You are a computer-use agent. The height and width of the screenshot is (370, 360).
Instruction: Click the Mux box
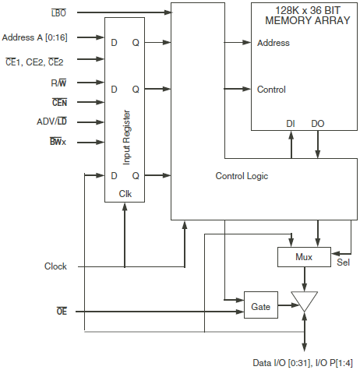click(x=303, y=255)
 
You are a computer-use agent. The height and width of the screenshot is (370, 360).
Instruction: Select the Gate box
click(x=260, y=307)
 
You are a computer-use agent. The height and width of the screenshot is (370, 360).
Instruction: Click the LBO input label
click(x=58, y=13)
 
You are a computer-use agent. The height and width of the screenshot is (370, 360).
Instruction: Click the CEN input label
click(x=58, y=102)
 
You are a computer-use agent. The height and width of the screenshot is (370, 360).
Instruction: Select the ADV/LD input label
click(x=51, y=122)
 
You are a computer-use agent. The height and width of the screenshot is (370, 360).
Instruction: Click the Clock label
click(x=55, y=266)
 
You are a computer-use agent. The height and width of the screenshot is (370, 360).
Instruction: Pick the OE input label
click(x=61, y=312)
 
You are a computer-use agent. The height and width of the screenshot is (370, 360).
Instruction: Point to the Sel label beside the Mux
click(x=343, y=262)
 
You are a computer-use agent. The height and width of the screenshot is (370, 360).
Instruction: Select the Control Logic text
click(x=242, y=176)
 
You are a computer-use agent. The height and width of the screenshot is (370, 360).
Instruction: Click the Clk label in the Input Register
click(x=125, y=192)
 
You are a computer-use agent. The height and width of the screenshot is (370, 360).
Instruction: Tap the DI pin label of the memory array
click(x=291, y=123)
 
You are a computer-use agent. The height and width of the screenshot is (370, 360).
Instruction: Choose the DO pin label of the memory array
click(x=317, y=123)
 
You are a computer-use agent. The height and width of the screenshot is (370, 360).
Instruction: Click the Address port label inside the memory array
click(x=274, y=43)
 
